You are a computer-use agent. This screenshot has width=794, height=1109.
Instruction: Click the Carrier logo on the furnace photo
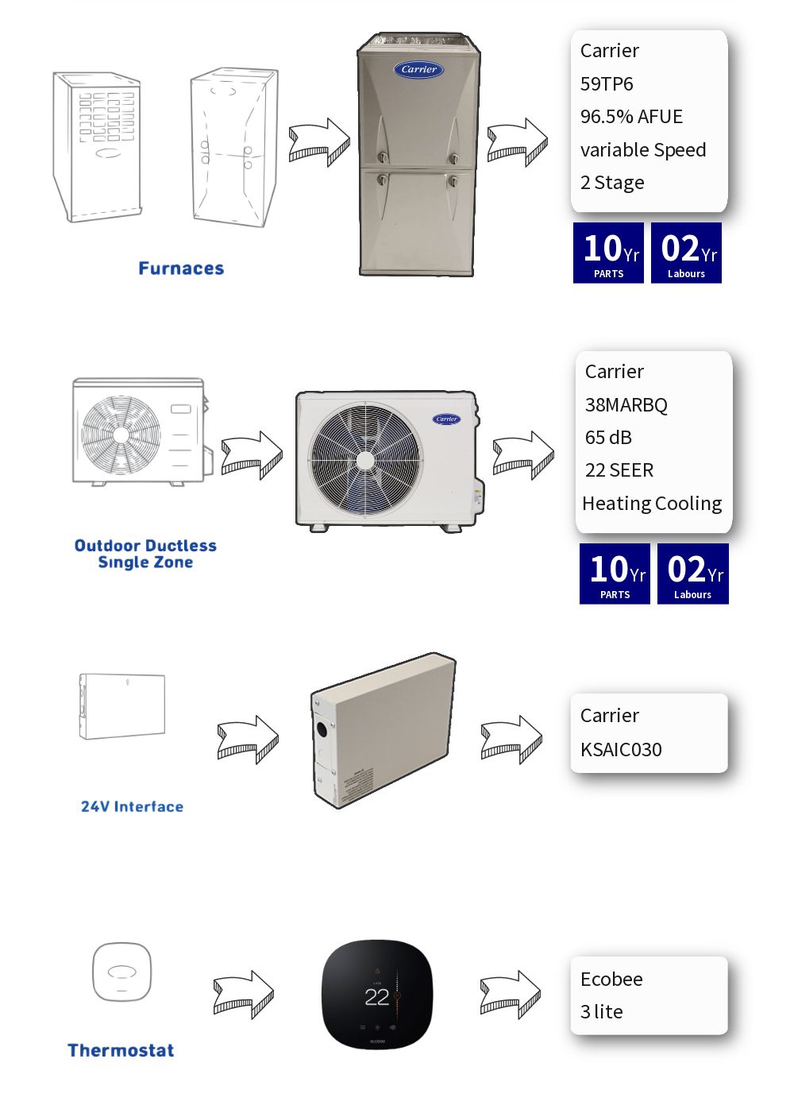click(418, 69)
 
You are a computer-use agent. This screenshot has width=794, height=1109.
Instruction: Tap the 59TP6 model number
click(607, 83)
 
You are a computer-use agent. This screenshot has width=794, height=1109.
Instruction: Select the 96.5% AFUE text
click(631, 117)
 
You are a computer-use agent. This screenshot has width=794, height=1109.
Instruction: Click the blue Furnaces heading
click(181, 269)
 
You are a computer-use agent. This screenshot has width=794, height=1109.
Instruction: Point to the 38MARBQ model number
click(626, 405)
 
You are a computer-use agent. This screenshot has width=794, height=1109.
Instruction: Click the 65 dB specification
click(608, 438)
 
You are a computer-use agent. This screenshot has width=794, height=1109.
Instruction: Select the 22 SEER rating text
click(619, 470)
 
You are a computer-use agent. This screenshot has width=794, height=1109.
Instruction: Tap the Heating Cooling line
click(652, 504)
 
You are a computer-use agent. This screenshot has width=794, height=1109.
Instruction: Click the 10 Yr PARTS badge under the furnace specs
click(609, 253)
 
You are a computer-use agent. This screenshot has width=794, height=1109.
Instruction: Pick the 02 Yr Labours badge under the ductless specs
click(692, 574)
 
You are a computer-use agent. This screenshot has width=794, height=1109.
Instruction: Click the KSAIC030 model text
click(621, 749)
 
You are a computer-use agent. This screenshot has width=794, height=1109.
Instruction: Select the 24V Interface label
click(132, 806)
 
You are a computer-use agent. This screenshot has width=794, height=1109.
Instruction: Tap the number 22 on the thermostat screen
click(376, 997)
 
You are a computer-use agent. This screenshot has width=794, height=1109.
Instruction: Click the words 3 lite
click(601, 1012)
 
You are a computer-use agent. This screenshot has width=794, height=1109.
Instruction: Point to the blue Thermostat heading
click(121, 1050)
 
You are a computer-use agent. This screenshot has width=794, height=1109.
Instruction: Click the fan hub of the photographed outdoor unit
click(365, 461)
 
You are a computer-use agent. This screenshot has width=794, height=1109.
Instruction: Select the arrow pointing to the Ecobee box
click(511, 995)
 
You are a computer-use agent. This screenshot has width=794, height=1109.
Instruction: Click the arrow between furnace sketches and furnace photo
click(319, 143)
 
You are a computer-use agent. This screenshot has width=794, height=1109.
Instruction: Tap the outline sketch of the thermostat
click(121, 972)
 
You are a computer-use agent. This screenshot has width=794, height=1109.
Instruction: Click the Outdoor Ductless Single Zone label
click(145, 554)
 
